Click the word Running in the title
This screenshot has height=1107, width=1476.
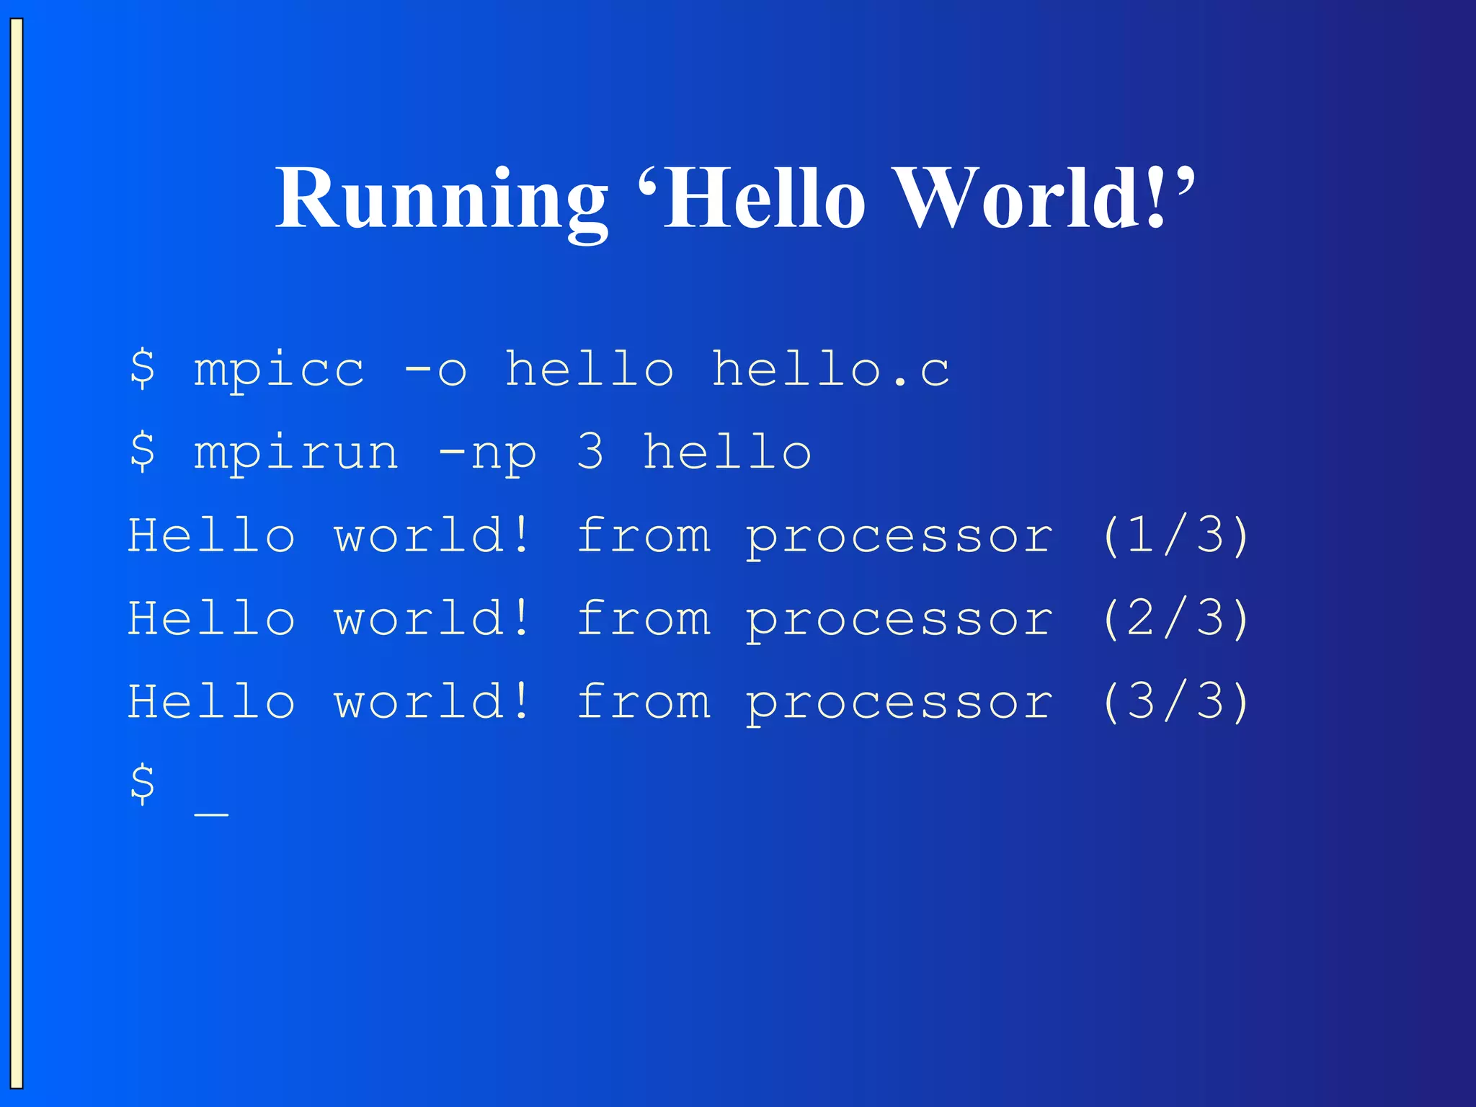click(x=441, y=198)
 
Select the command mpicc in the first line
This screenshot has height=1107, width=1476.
click(x=279, y=370)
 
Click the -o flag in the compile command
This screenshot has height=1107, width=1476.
click(x=435, y=370)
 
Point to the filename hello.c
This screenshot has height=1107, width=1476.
click(x=830, y=370)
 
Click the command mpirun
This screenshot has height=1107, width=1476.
click(x=296, y=453)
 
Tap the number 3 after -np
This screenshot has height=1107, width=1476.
click(x=590, y=452)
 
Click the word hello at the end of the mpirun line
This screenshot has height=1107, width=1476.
click(x=727, y=452)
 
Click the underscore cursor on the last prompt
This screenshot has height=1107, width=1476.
click(x=211, y=813)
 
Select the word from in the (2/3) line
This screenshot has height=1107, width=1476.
click(x=644, y=618)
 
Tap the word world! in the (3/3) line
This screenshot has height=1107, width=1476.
click(x=432, y=701)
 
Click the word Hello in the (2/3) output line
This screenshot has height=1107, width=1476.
click(x=211, y=618)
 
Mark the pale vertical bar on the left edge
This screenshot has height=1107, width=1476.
click(x=17, y=553)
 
